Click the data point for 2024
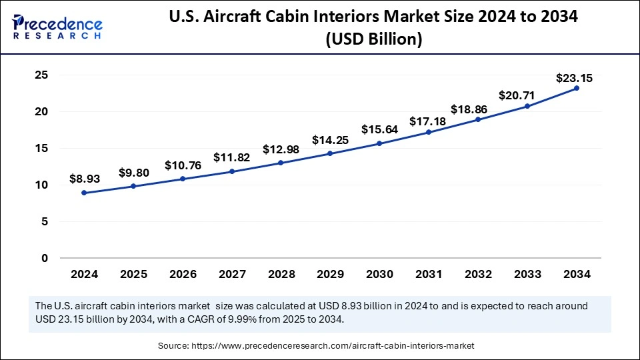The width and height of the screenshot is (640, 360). pos(84,193)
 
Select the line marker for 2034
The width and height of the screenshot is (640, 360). pos(577,88)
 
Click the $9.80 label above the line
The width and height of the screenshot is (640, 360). pos(133,173)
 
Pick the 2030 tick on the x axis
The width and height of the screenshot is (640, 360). pos(379,274)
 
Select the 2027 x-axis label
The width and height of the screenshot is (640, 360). pos(231,274)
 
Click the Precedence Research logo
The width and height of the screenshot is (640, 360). pos(57,26)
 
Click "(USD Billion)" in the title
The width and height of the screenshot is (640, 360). pos(373,40)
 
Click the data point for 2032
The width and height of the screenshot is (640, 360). pos(478,119)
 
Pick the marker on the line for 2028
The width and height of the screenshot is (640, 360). pos(281,163)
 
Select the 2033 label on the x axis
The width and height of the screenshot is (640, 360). pos(527,274)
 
